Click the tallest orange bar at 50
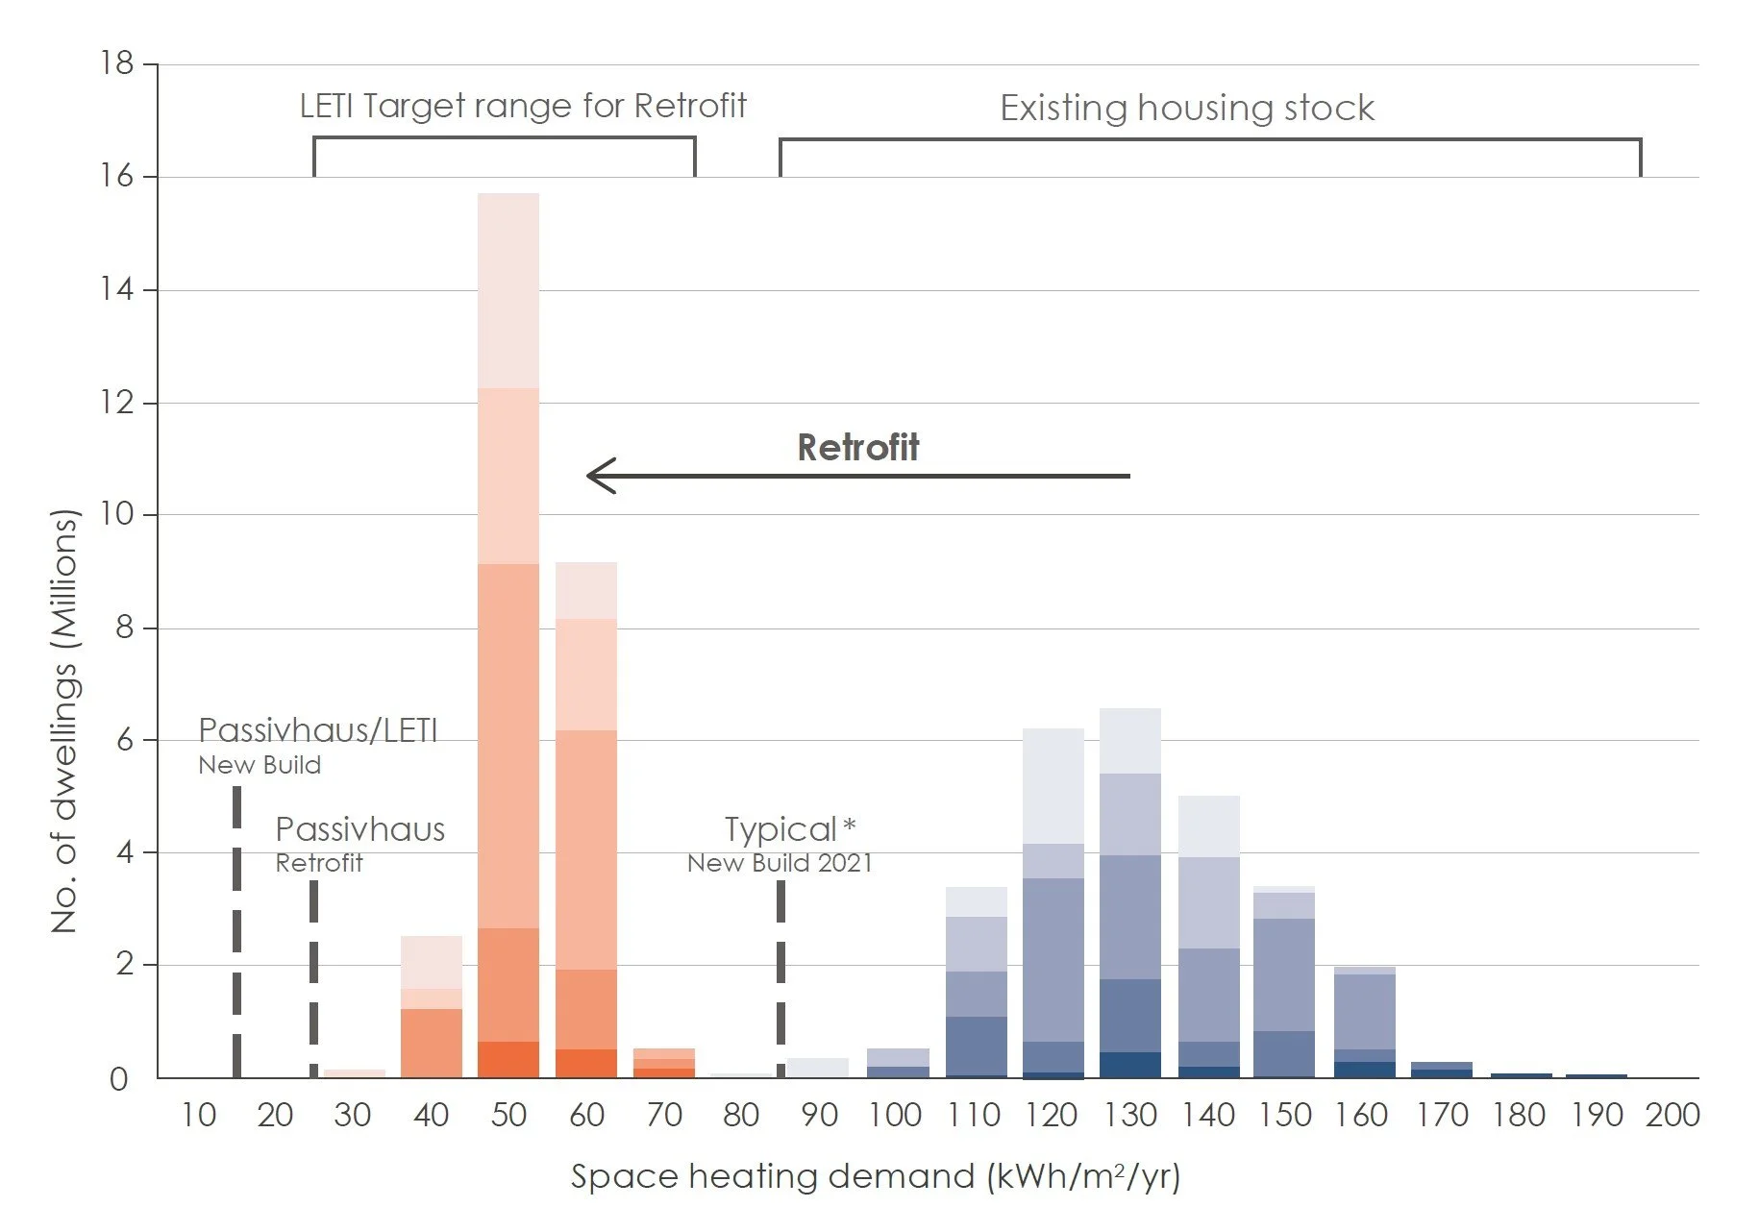pos(508,634)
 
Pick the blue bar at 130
pos(1129,894)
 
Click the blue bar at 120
pos(1053,903)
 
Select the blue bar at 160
pos(1364,1022)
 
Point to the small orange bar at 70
pos(663,1063)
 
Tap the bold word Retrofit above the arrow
pos(857,448)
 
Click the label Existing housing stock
pos(1186,108)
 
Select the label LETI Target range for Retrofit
pos(523,106)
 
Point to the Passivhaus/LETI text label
pos(317,731)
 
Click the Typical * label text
pos(789,829)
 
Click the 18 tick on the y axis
pos(116,63)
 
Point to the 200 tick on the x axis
pos(1672,1115)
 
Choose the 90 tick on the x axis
pos(819,1115)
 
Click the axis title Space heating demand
pos(875,1176)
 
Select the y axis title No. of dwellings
pos(63,721)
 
